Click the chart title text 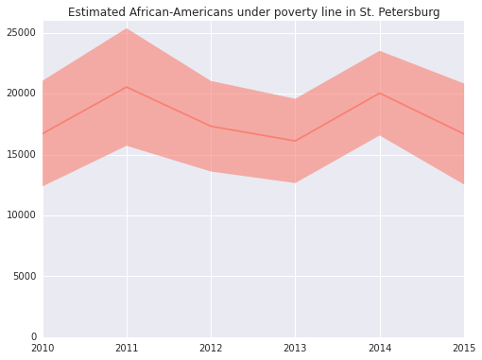point(253,12)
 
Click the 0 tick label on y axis point(32,337)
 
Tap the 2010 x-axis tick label point(43,349)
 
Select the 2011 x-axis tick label point(127,349)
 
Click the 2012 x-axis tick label point(211,349)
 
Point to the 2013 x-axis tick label point(295,349)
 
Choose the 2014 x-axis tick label point(379,349)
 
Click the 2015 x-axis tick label point(462,349)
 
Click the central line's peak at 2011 point(127,87)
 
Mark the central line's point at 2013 point(295,141)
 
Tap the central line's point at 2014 point(379,93)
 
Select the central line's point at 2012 point(211,127)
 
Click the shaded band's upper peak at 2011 point(127,28)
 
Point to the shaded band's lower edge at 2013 point(295,182)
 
